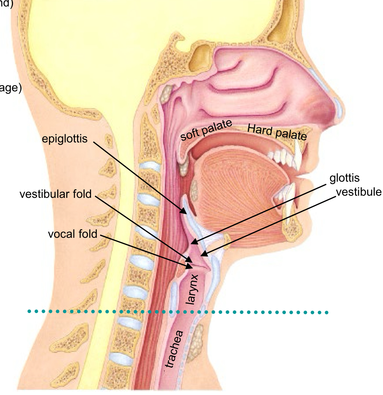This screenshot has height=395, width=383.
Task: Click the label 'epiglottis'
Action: tap(65, 139)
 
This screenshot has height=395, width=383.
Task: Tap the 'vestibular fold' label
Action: tap(56, 195)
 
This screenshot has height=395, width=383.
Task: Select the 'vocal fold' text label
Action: tap(73, 234)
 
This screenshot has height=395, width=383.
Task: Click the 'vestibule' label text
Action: tap(358, 192)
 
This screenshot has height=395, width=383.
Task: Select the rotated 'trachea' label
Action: tap(175, 349)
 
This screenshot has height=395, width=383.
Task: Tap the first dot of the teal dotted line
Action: tap(30, 311)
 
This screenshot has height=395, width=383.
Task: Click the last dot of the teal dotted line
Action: tap(326, 313)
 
